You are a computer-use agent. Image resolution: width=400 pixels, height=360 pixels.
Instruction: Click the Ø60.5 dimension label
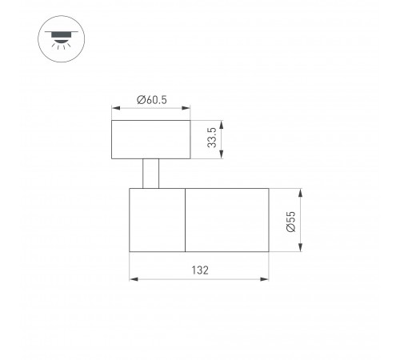point(151,99)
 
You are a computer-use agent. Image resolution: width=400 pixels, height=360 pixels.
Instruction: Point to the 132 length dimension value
point(199,270)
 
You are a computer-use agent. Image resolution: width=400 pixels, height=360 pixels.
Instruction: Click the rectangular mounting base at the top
point(151,138)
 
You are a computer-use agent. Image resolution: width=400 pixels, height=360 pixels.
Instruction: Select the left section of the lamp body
point(158,220)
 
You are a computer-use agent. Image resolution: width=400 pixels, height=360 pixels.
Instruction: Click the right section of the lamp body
point(226,220)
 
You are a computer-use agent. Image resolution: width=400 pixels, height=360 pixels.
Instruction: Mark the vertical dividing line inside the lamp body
point(186,220)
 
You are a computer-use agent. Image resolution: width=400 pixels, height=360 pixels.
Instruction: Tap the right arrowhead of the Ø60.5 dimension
point(188,109)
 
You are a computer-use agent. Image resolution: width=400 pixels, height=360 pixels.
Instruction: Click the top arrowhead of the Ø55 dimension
point(302,191)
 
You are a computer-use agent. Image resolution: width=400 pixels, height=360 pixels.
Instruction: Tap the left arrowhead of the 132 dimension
point(132,280)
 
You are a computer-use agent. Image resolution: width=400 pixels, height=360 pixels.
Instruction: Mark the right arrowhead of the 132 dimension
point(266,280)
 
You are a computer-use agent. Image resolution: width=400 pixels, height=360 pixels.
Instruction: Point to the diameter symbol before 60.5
point(140,99)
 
